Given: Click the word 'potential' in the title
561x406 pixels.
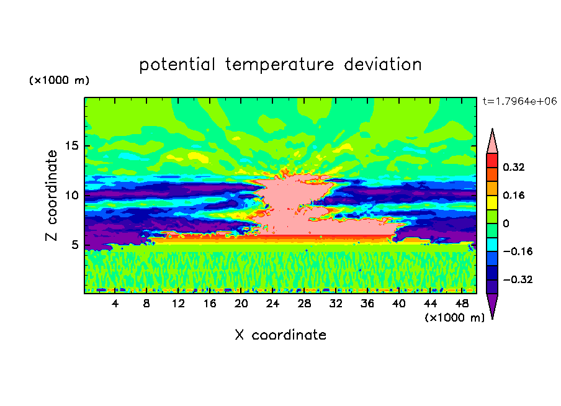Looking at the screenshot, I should (x=177, y=65).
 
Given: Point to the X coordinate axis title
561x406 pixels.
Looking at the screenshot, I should (x=280, y=335).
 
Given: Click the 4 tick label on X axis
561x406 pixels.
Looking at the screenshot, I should (x=115, y=305).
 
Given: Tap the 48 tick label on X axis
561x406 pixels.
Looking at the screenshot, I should (x=461, y=305).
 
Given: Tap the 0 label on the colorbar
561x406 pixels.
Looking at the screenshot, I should (x=506, y=223).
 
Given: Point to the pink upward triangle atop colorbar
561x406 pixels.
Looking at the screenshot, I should (x=492, y=142).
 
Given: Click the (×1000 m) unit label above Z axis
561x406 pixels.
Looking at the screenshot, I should (x=59, y=81).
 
